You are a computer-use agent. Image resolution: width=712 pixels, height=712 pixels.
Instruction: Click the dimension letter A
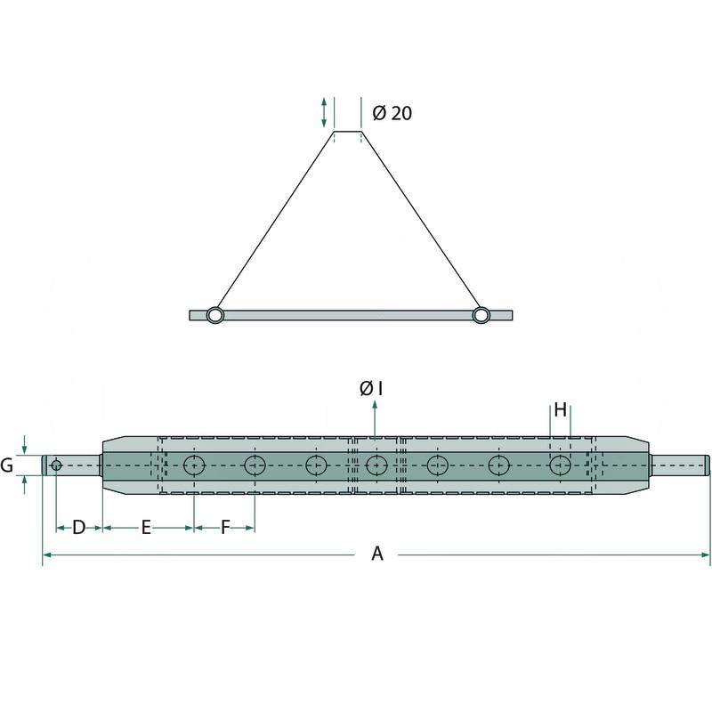(x=377, y=554)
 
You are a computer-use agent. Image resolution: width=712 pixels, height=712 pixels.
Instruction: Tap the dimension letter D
(x=79, y=528)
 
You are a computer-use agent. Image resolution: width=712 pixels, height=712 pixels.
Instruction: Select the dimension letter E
(x=146, y=528)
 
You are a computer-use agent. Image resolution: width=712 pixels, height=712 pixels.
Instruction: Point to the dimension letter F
(x=226, y=528)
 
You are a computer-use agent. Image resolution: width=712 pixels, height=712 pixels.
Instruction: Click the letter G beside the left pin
(x=6, y=465)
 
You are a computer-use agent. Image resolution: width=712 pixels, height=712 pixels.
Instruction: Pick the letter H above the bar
(x=561, y=410)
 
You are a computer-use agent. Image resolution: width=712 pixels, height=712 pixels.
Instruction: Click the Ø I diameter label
(x=371, y=388)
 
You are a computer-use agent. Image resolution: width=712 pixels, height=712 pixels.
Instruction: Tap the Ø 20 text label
(x=392, y=113)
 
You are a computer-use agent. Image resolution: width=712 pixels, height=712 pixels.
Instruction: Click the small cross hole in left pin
(x=56, y=465)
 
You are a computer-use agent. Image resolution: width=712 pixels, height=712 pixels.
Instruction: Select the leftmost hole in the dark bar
(x=194, y=465)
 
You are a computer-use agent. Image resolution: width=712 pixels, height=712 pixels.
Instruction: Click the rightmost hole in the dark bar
(x=561, y=465)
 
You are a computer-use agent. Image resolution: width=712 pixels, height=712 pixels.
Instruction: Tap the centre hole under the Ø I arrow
(x=376, y=465)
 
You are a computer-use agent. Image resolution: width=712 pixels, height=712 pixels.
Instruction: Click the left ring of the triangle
(x=215, y=315)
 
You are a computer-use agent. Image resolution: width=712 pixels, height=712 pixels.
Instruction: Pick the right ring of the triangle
(x=481, y=315)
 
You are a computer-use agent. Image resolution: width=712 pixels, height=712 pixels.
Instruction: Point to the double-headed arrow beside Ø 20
(x=324, y=112)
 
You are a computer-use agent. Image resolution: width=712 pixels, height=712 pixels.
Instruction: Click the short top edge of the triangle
(x=348, y=132)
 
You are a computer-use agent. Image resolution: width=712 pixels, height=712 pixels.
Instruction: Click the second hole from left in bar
(x=255, y=465)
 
